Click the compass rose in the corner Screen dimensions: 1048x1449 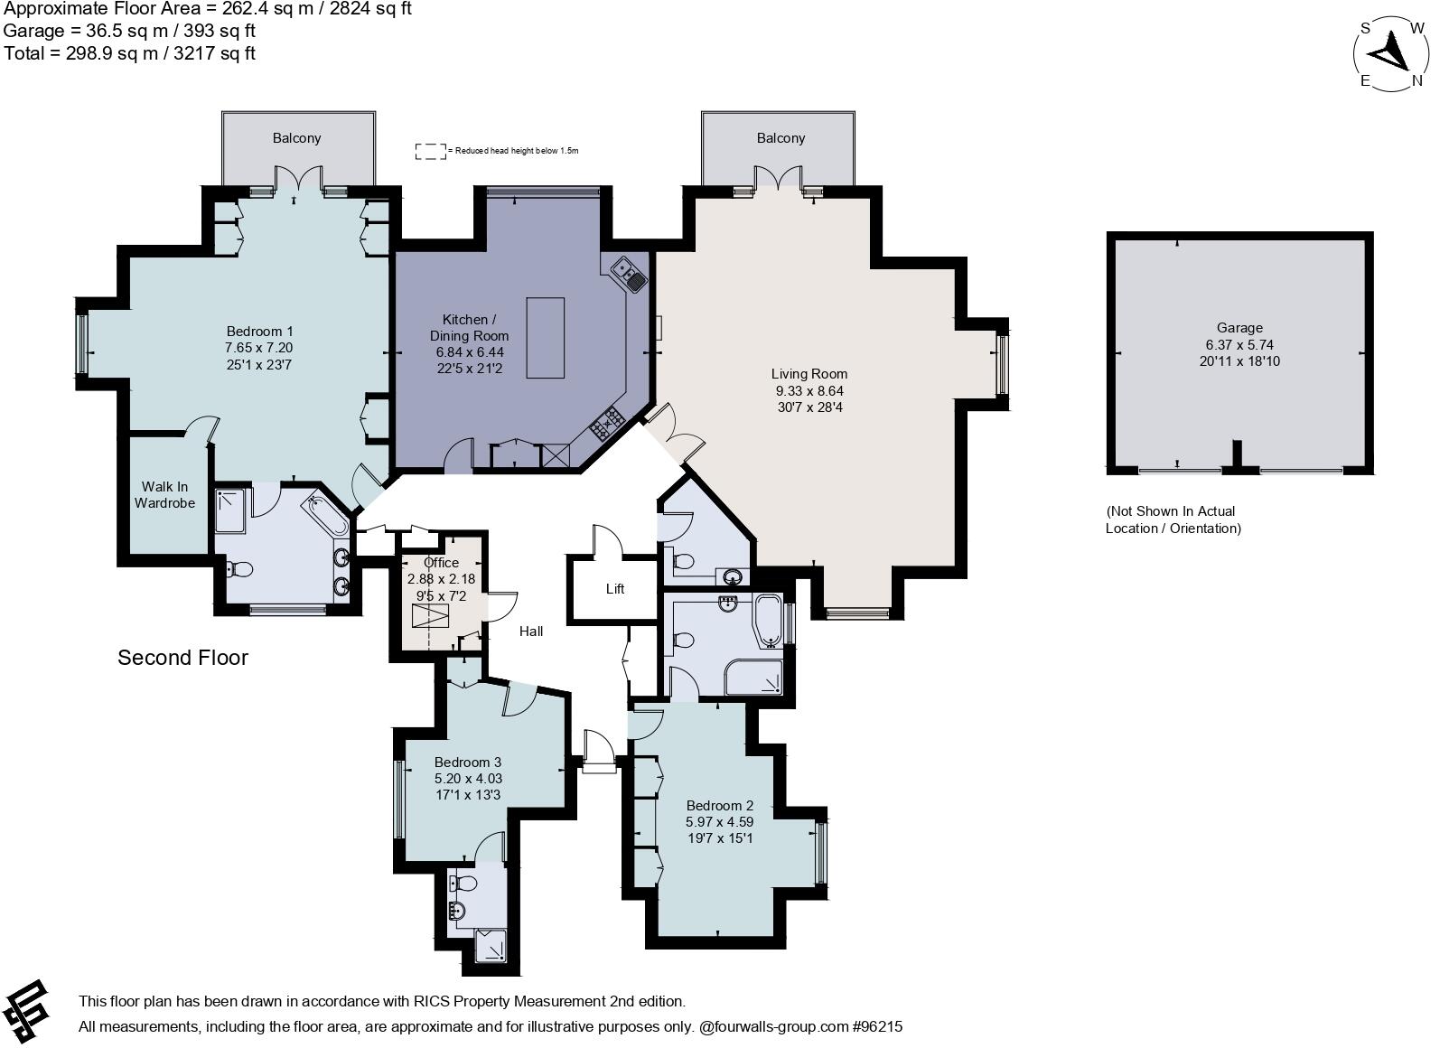[x=1391, y=54]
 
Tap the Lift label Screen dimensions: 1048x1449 [x=615, y=589]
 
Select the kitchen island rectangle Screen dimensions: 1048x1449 [x=546, y=338]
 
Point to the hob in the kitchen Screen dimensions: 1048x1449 [x=608, y=423]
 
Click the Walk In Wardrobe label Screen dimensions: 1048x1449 [x=164, y=495]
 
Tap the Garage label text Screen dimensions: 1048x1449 [x=1239, y=328]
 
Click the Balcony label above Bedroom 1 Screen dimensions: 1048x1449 [x=297, y=138]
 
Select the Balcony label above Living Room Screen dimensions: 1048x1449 [x=781, y=138]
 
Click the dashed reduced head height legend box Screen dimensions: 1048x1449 [x=431, y=152]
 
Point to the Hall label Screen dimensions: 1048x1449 [x=531, y=632]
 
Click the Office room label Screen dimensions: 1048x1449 [x=441, y=563]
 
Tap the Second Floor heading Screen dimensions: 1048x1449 [x=182, y=658]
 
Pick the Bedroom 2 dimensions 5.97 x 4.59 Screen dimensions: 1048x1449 [x=719, y=822]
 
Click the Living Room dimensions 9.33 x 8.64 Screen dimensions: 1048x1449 [x=809, y=390]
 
